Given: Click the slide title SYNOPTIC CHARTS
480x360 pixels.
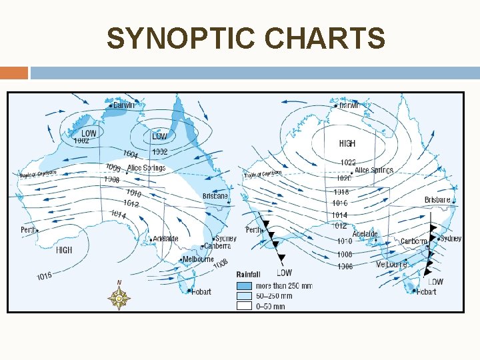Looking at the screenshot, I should tap(245, 39).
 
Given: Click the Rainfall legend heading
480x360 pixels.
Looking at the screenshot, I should tap(248, 274).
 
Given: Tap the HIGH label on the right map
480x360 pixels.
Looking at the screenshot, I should tap(347, 143).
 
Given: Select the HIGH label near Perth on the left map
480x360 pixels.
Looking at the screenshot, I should tap(64, 250).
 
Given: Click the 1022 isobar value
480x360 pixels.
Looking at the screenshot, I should tap(348, 162).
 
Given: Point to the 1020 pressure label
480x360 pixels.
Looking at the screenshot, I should tap(343, 178).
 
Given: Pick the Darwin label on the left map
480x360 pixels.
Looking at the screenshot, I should tap(123, 105).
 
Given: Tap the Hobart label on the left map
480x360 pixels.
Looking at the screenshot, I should tap(200, 291).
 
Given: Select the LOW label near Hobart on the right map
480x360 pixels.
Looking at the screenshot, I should tap(435, 281).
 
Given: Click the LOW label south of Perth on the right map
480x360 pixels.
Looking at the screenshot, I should tap(284, 272).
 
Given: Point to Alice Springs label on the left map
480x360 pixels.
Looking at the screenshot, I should tap(146, 168).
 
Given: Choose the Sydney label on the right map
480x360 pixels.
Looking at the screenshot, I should tap(451, 239).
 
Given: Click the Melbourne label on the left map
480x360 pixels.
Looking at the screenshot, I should tap(198, 259).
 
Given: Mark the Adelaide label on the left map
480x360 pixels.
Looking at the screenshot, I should tap(165, 238).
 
